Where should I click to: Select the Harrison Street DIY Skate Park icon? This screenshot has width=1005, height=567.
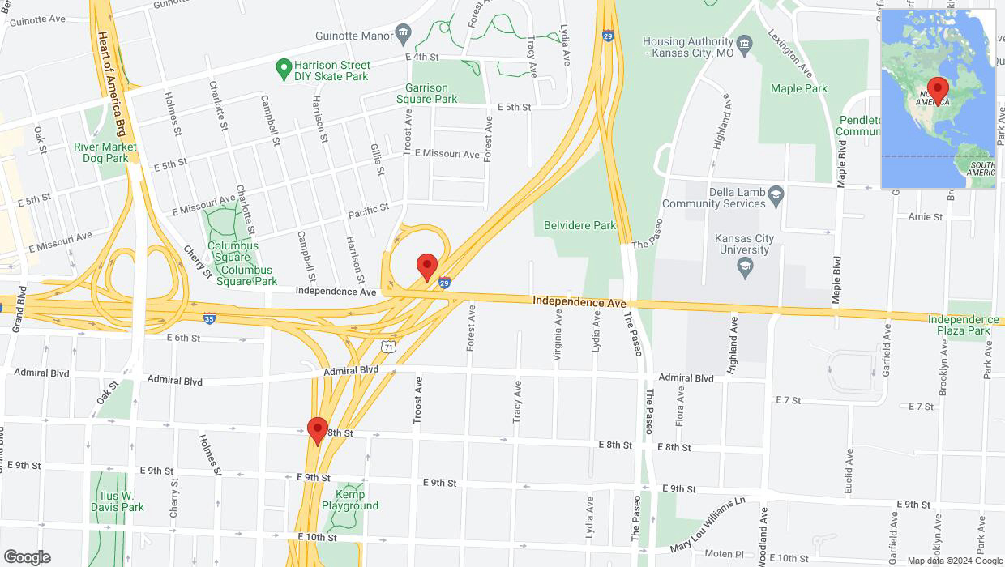[284, 70]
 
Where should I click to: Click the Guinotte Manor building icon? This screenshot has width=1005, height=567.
[403, 33]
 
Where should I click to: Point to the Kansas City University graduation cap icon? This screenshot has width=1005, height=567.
[746, 269]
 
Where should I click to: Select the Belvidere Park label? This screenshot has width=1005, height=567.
[579, 225]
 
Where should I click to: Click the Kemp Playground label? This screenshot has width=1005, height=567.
[350, 500]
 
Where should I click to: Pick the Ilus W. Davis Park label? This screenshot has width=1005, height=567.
[117, 501]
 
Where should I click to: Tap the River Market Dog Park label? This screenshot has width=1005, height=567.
[105, 152]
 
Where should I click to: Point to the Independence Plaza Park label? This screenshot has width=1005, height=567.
[964, 325]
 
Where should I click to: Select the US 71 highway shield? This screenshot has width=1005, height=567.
[389, 346]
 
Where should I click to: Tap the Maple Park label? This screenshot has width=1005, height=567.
[799, 88]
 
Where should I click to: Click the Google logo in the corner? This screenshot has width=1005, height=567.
[26, 556]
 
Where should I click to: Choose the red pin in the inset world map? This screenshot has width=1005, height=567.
[939, 89]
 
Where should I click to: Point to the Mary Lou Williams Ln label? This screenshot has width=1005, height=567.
[707, 526]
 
